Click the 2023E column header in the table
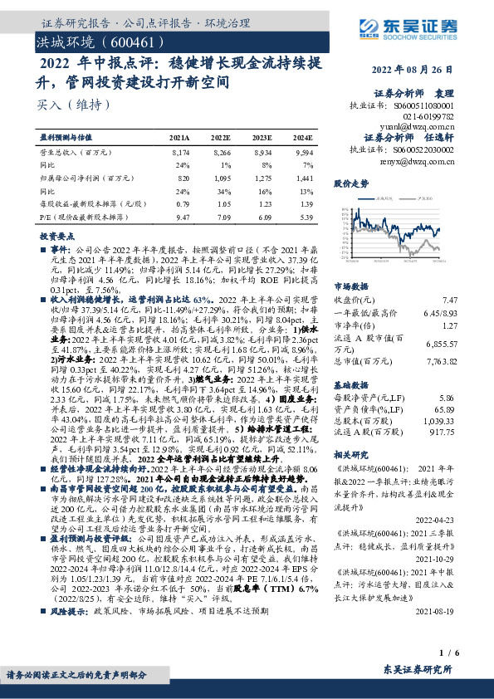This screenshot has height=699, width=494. coord(262,138)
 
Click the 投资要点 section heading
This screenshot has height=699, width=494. coord(56,237)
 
